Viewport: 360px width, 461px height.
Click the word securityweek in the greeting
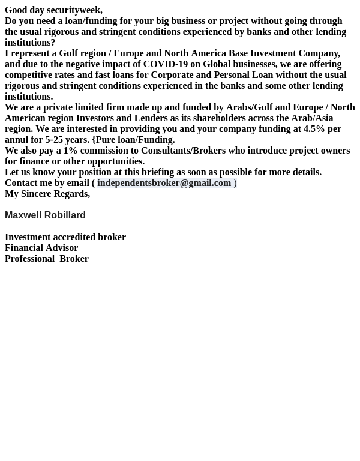click(x=74, y=10)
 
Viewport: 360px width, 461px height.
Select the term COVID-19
click(x=165, y=64)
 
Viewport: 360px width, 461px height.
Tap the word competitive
click(x=28, y=75)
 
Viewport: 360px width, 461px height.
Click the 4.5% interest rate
click(x=314, y=129)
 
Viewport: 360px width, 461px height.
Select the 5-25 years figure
click(x=67, y=140)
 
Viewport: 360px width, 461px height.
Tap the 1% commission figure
click(x=70, y=151)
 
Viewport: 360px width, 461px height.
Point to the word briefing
click(x=158, y=172)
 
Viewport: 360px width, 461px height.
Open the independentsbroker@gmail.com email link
click(x=164, y=183)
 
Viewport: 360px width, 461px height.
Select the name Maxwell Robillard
click(x=45, y=215)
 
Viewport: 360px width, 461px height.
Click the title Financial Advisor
click(x=41, y=248)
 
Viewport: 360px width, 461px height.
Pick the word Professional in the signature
click(x=29, y=259)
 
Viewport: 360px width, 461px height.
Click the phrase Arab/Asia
click(x=311, y=118)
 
